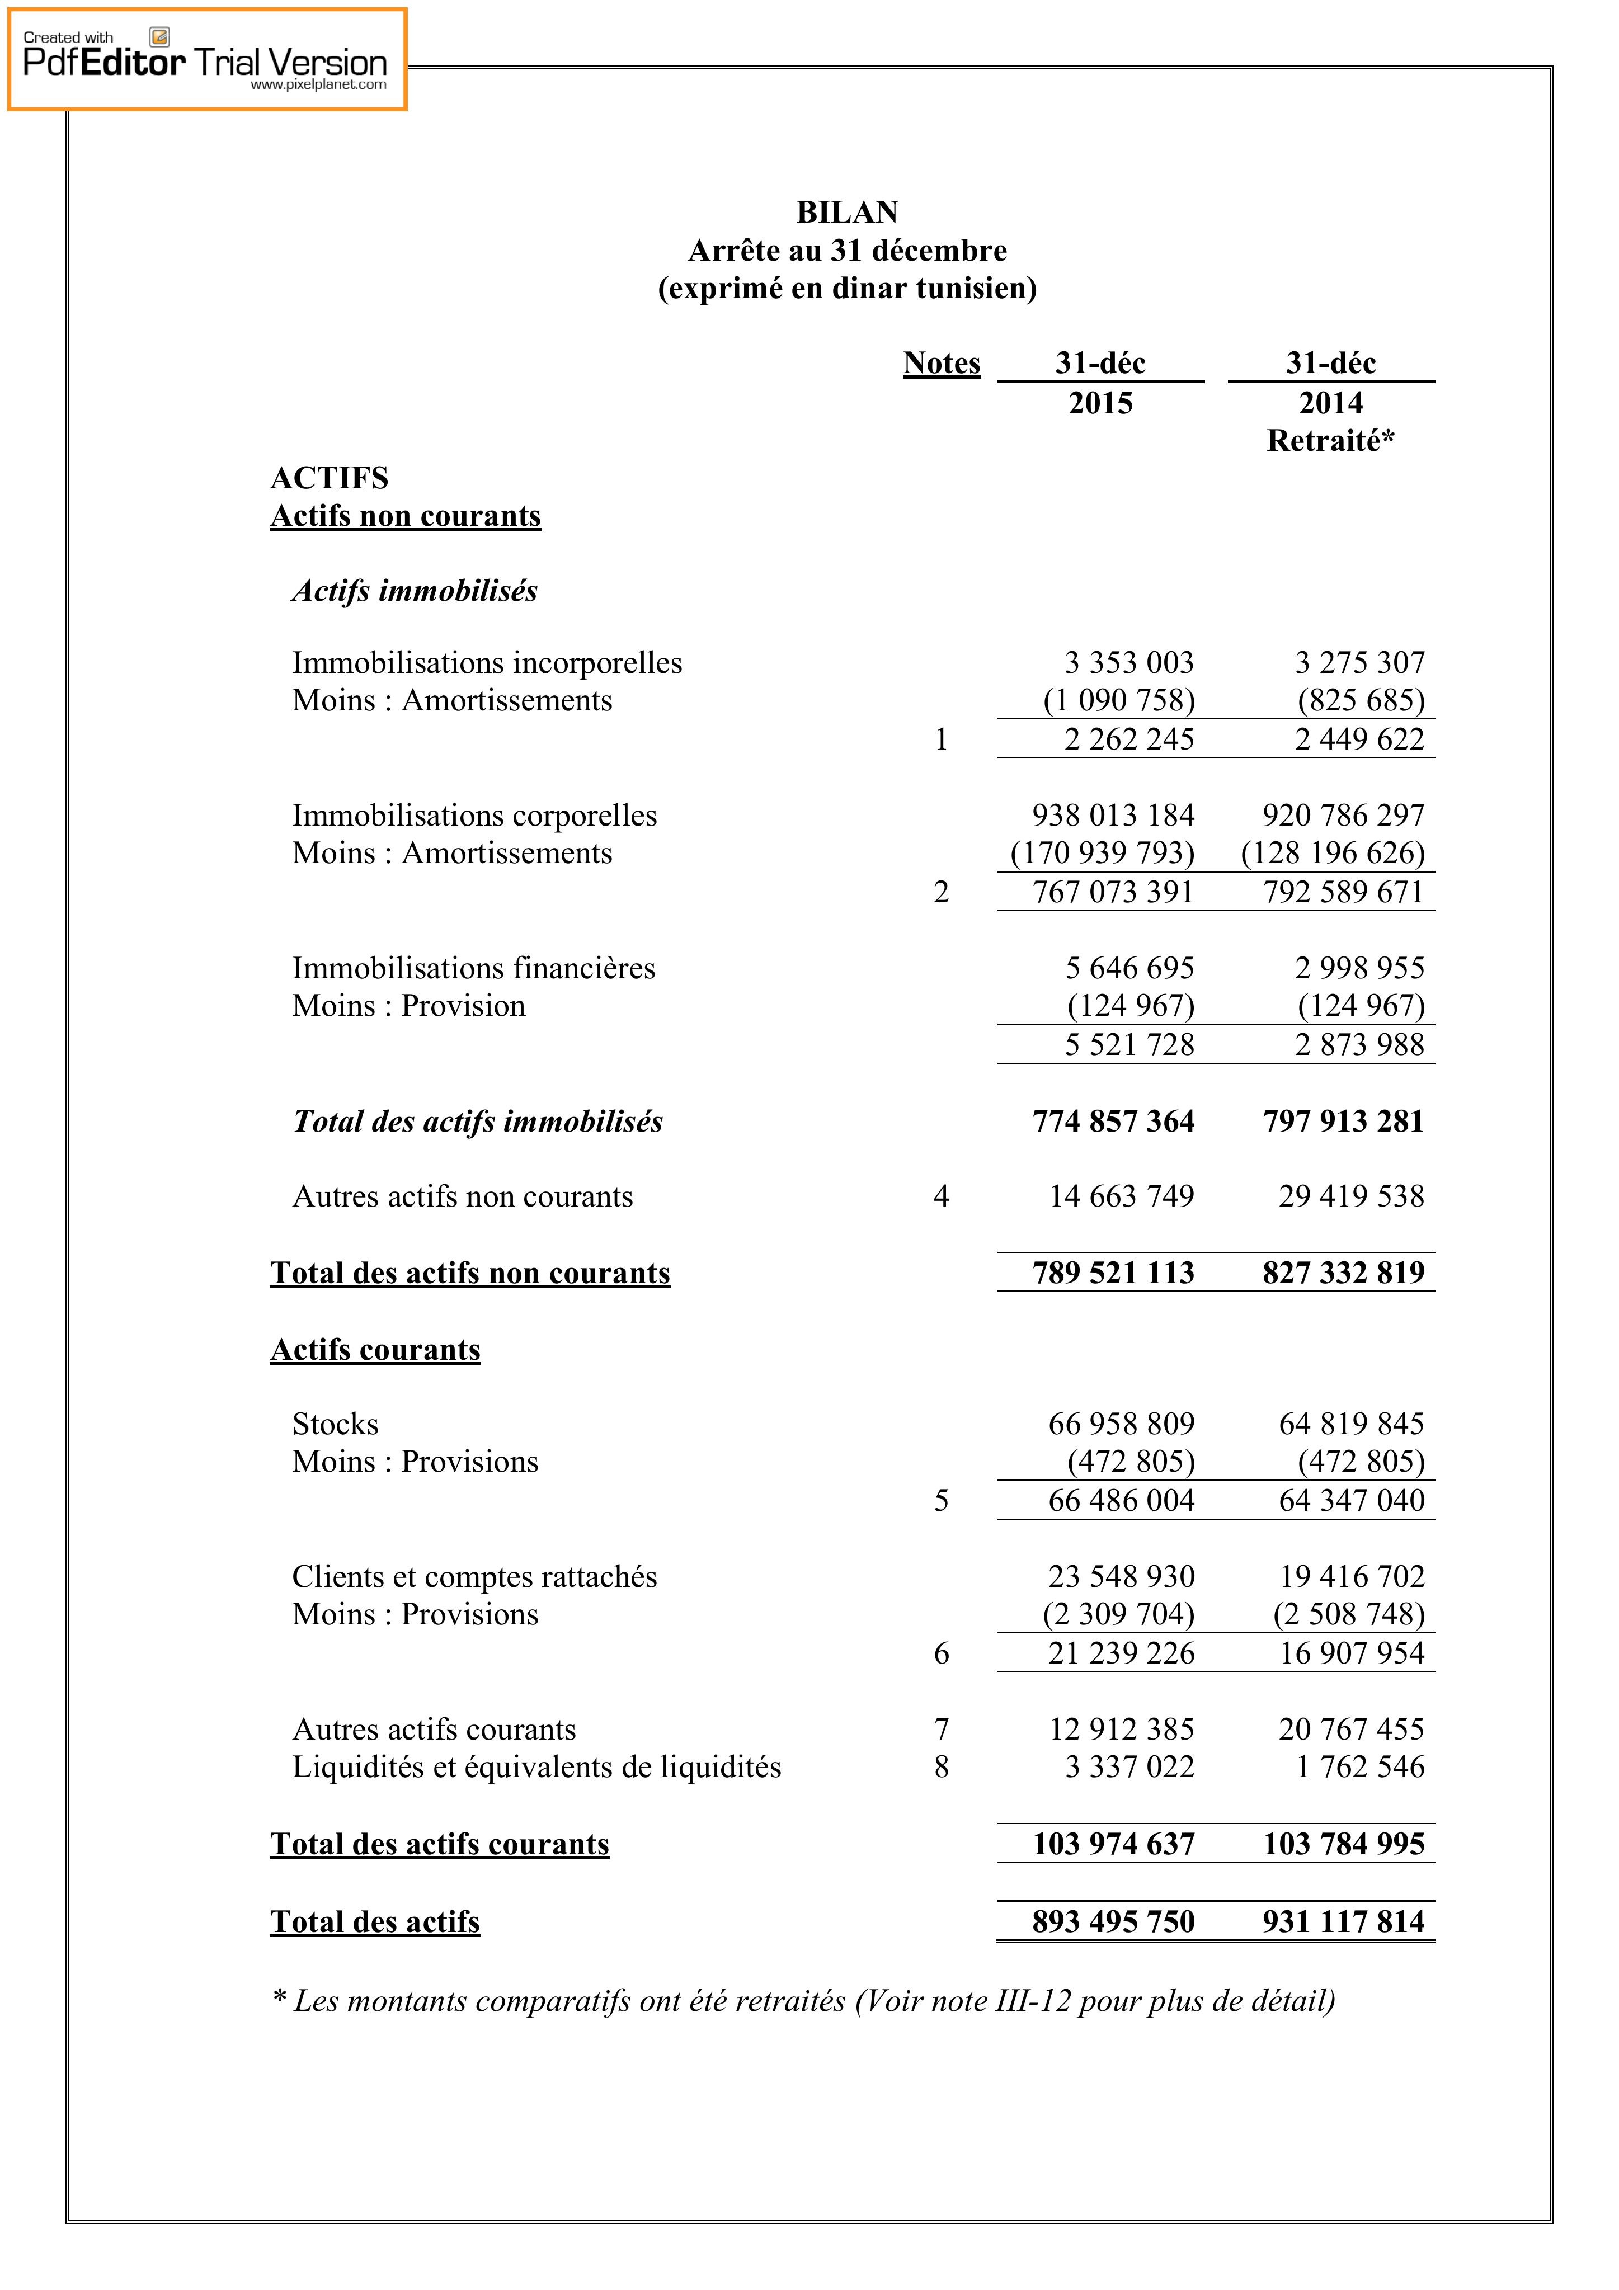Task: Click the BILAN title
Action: [847, 213]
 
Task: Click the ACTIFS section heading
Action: [329, 479]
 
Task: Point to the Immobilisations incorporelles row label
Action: [487, 663]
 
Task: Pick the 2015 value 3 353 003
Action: [1129, 663]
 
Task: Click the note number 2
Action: [940, 893]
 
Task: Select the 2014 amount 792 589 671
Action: [1343, 893]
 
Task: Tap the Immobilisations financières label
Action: [474, 968]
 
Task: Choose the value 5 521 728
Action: [1129, 1045]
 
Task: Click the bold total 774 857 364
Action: [1113, 1122]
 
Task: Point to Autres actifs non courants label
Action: [463, 1197]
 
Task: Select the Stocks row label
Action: [335, 1424]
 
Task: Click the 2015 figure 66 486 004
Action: [1121, 1501]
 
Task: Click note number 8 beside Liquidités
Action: [940, 1768]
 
